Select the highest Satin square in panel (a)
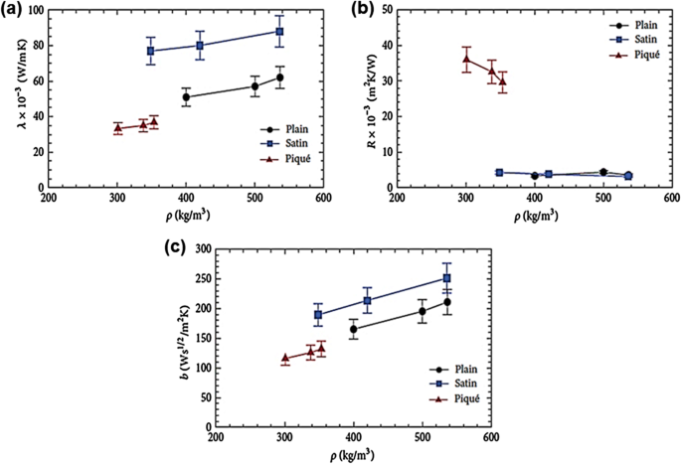point(280,32)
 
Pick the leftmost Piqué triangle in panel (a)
point(117,128)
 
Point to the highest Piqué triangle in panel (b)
point(466,60)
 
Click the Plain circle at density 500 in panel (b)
point(603,172)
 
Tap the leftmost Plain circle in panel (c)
point(354,329)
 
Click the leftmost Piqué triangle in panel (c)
point(285,358)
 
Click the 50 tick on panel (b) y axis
point(386,10)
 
